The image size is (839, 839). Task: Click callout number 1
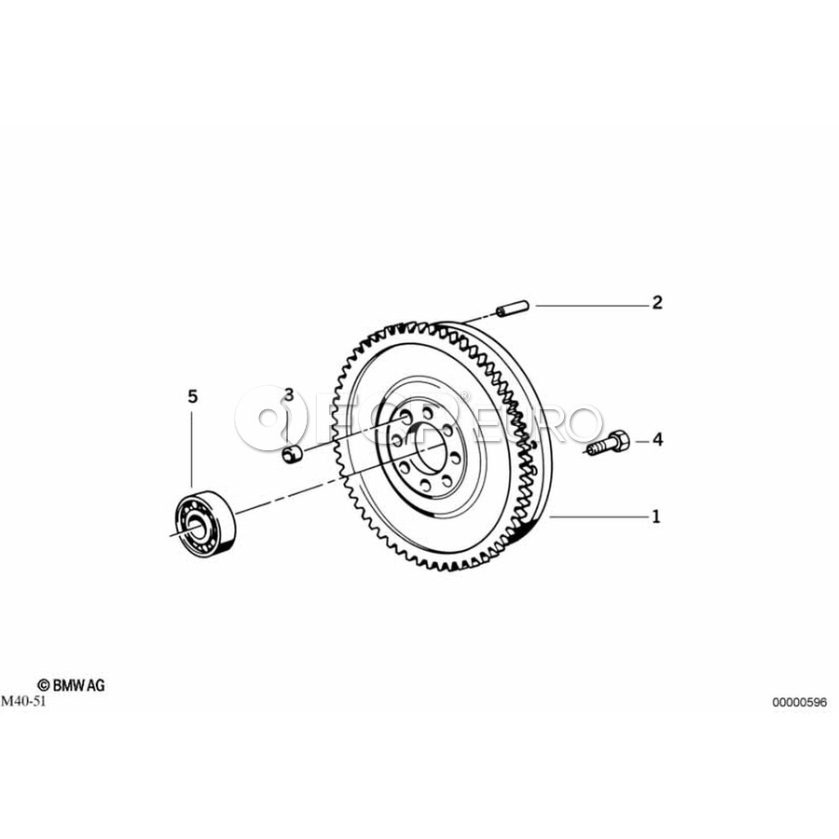coord(656,516)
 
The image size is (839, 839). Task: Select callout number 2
coord(657,303)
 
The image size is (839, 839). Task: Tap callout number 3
coord(289,395)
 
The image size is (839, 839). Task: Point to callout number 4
coord(657,440)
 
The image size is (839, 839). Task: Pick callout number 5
coord(193,396)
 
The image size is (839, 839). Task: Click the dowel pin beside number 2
coord(513,309)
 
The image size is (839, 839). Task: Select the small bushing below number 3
coord(292,457)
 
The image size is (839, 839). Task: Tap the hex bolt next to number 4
coord(607,444)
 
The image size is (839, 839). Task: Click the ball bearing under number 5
coord(204,520)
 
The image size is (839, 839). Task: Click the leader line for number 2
coord(591,306)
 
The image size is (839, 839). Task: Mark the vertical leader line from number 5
coord(191,448)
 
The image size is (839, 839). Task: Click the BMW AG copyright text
coord(71,685)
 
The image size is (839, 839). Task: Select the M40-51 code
coord(24,701)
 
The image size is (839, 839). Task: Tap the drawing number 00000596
coord(799,702)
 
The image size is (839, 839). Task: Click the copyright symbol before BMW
coord(43,686)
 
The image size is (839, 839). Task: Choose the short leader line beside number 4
coord(642,442)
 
